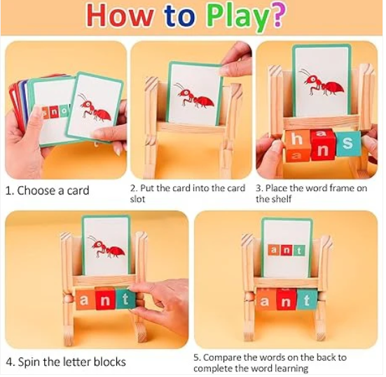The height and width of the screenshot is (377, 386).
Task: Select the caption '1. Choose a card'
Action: [x=47, y=190]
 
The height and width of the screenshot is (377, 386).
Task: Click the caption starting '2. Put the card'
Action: [x=187, y=193]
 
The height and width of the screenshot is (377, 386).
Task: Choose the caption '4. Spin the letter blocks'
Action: [x=66, y=362]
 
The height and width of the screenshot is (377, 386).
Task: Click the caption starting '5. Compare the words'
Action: [x=270, y=362]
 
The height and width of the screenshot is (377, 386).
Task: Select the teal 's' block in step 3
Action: [x=347, y=145]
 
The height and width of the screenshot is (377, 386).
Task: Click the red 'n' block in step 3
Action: [x=322, y=145]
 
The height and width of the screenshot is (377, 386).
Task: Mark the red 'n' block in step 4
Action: [x=105, y=300]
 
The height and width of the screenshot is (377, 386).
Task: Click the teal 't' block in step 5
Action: [x=306, y=299]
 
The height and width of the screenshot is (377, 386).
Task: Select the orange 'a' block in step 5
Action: [x=265, y=300]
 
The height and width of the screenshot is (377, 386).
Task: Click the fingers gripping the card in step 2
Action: [x=236, y=60]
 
